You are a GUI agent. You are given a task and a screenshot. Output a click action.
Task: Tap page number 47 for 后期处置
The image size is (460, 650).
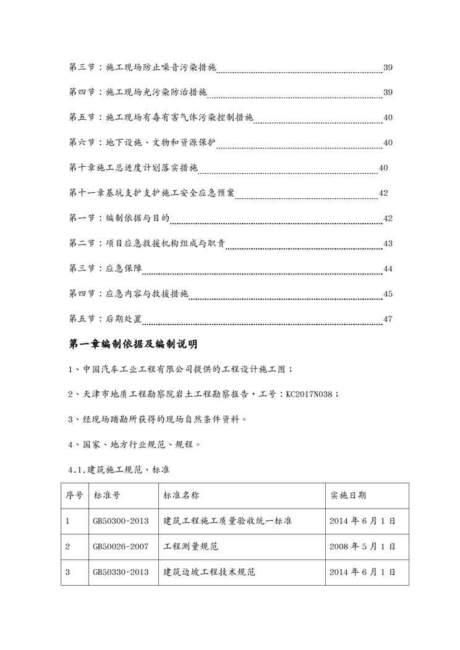(388, 319)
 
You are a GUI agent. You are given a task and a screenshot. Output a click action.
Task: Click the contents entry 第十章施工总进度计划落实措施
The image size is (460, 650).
(133, 168)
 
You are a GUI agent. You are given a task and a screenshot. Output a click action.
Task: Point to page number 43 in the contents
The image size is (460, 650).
(388, 244)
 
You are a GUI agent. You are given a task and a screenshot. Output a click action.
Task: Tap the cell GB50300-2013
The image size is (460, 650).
(121, 521)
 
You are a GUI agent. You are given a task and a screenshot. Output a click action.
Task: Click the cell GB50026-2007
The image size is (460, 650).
(121, 547)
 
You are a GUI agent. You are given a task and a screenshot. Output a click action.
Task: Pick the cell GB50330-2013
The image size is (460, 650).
(121, 572)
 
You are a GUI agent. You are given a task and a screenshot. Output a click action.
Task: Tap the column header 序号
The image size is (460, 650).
(74, 496)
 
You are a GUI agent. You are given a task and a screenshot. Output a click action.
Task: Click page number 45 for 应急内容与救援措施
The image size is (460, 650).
(388, 294)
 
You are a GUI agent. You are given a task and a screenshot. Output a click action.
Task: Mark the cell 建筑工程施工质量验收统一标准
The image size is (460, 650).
(228, 521)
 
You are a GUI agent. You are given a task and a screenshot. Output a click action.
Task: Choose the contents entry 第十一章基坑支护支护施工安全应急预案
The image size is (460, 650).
(151, 193)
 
